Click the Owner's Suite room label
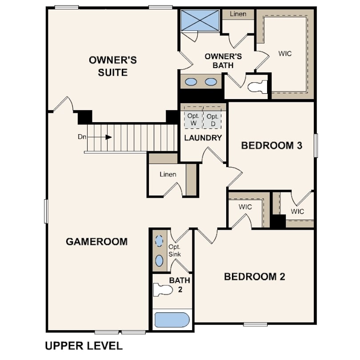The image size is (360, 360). click(x=113, y=66)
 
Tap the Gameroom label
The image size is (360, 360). click(x=96, y=241)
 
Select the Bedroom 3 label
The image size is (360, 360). click(x=272, y=146)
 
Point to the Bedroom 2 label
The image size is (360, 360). click(x=255, y=276)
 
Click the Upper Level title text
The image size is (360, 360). click(x=84, y=346)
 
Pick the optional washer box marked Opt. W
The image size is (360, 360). click(x=193, y=117)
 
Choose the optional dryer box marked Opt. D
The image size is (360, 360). click(x=212, y=117)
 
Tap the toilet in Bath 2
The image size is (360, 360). click(x=163, y=289)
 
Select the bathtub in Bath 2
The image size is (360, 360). click(x=172, y=320)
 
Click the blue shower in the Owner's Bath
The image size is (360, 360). click(x=200, y=20)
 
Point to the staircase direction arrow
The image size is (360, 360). click(x=100, y=137)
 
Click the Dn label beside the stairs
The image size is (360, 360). click(x=82, y=137)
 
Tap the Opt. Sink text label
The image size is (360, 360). click(x=175, y=251)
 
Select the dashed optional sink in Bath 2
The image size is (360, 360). click(x=159, y=241)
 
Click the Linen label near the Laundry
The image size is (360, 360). click(x=168, y=175)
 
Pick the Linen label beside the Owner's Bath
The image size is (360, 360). click(x=238, y=14)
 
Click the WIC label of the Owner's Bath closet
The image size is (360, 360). click(x=285, y=54)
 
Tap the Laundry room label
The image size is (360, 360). click(x=203, y=138)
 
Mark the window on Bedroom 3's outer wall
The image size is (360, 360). click(x=316, y=145)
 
